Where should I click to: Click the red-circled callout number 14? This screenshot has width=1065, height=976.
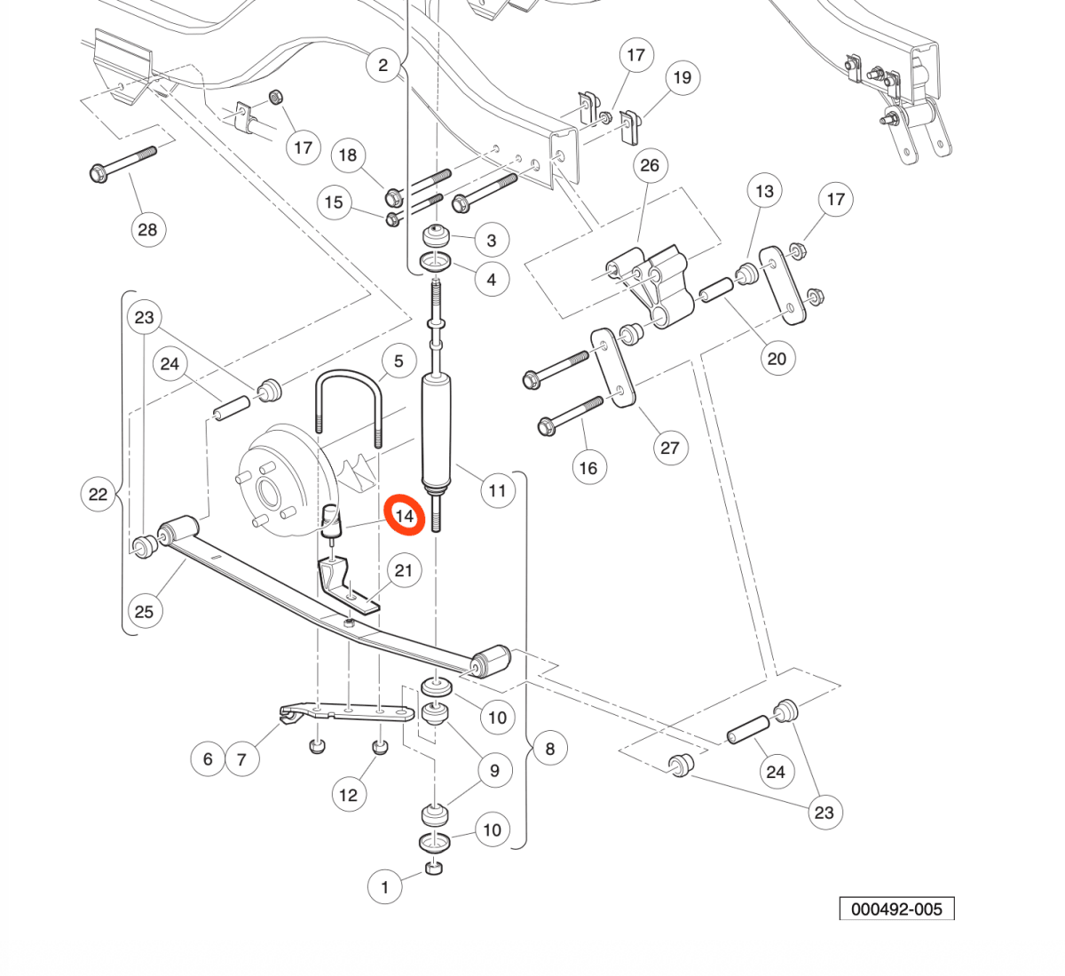pos(405,515)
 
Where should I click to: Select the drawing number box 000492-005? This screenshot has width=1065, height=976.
pos(896,908)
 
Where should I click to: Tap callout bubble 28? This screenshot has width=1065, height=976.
pos(147,229)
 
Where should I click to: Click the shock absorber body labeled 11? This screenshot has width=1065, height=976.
pos(437,431)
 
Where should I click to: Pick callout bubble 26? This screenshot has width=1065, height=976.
pos(650,165)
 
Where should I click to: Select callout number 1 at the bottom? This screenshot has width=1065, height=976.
pos(385,886)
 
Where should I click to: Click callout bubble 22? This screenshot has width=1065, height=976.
pos(98,494)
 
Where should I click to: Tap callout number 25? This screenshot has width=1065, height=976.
pos(145,612)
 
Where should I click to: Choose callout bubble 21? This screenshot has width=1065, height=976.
pos(404,570)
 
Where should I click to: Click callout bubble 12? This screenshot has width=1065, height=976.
pos(348,795)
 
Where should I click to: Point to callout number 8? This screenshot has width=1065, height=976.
pos(550,748)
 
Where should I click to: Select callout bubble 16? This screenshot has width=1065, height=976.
pos(588,467)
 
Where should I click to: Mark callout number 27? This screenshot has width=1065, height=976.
pos(671,448)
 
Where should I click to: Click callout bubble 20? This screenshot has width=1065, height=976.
pos(777,359)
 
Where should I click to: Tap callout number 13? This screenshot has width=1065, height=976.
pos(764,191)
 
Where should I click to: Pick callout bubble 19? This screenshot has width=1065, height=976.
pos(682,77)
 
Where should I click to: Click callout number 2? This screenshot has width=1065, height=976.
pos(383,66)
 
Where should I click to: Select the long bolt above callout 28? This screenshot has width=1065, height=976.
pos(123,164)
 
